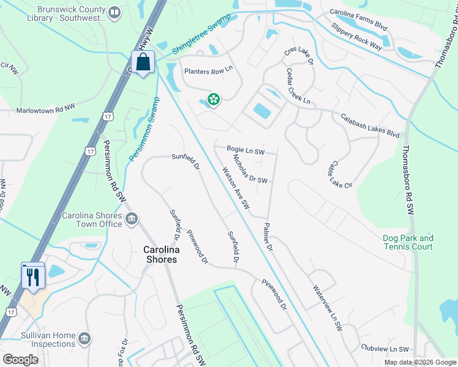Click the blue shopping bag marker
click(x=143, y=62)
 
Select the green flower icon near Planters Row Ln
click(x=213, y=99)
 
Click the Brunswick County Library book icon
click(x=114, y=12)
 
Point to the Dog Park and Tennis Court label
click(x=408, y=242)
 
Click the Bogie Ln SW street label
click(x=246, y=150)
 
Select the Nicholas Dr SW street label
click(x=251, y=169)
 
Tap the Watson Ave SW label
click(x=232, y=190)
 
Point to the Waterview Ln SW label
click(x=326, y=308)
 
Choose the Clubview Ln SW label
click(x=385, y=349)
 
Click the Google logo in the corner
click(x=20, y=359)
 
